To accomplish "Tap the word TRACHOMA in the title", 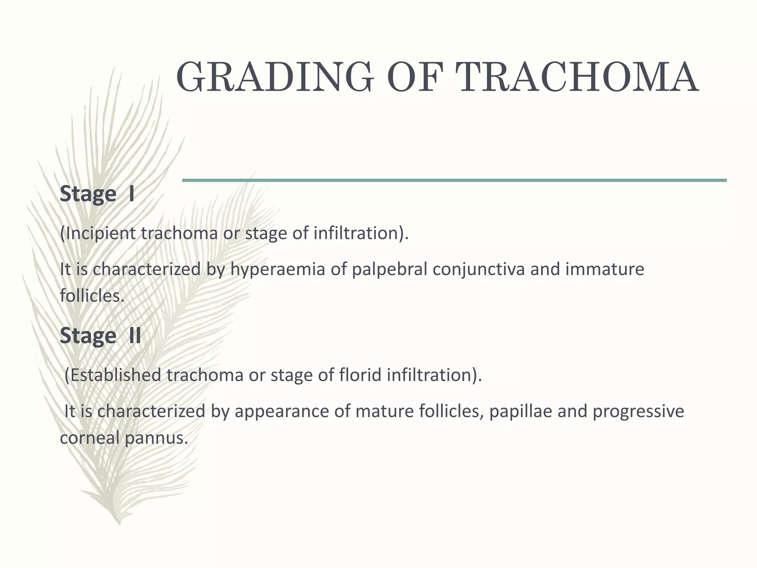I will tap(577, 78).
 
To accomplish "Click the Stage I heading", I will tap(97, 194).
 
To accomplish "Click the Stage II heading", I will tap(100, 336).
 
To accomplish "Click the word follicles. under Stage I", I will tap(92, 296).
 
